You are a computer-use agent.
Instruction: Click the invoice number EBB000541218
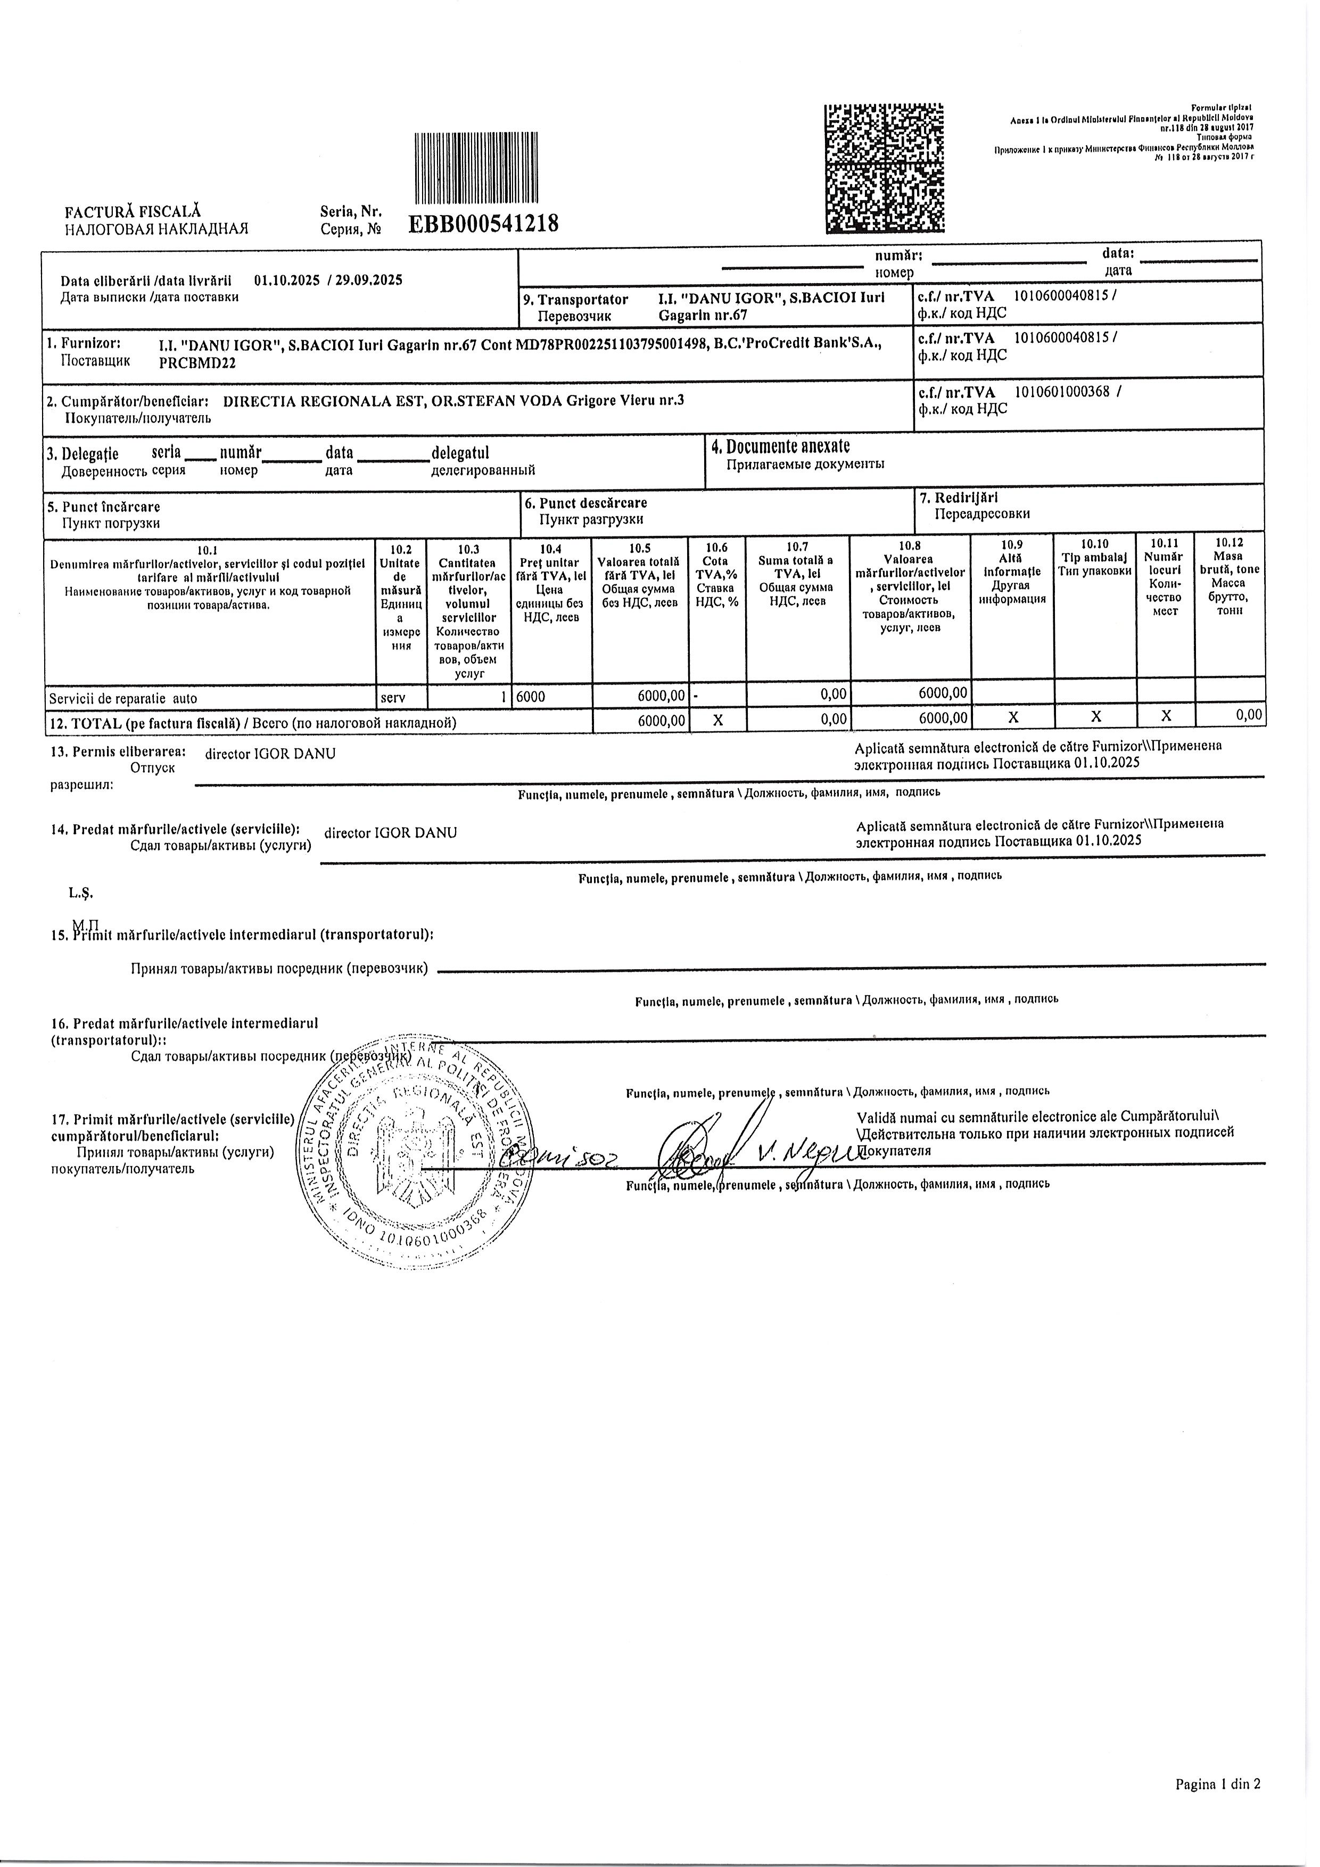(483, 224)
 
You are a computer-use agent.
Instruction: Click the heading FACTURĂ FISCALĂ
(133, 212)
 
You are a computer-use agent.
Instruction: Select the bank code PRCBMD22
(197, 364)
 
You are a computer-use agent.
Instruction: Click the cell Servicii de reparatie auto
(123, 698)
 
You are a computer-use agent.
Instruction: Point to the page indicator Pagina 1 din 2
(1217, 1807)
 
